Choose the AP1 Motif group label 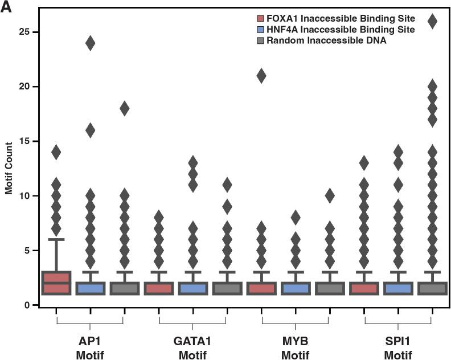coord(90,347)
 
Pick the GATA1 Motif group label coord(192,347)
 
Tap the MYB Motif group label coord(295,347)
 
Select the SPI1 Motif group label coord(397,347)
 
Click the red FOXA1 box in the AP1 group coord(56,283)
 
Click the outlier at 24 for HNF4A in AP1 coord(90,43)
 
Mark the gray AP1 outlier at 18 coord(124,109)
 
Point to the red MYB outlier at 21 coord(261,76)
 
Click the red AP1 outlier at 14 coord(56,152)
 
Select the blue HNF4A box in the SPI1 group coord(397,288)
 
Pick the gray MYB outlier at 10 coord(329,196)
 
